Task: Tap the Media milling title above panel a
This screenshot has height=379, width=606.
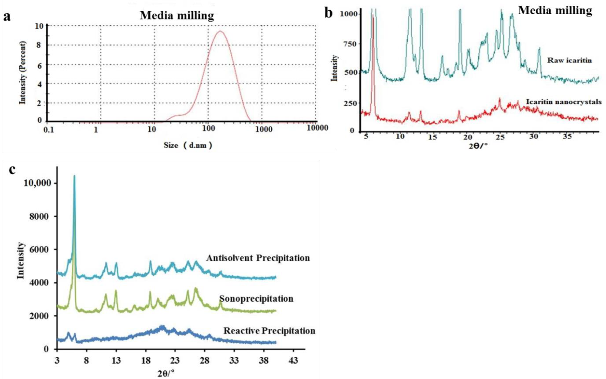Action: [177, 16]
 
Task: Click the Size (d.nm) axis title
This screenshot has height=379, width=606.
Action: [188, 145]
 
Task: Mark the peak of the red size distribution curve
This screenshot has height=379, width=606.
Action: [220, 31]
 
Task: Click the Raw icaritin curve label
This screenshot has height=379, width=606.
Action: [569, 60]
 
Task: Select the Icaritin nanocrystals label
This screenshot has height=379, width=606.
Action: [563, 102]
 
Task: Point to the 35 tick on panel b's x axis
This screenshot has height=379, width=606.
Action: [567, 137]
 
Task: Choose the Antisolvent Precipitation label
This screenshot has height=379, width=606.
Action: [258, 258]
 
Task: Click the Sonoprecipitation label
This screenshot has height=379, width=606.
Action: [256, 299]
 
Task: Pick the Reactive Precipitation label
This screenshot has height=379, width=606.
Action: [269, 331]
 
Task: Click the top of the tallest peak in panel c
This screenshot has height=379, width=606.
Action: [74, 176]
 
